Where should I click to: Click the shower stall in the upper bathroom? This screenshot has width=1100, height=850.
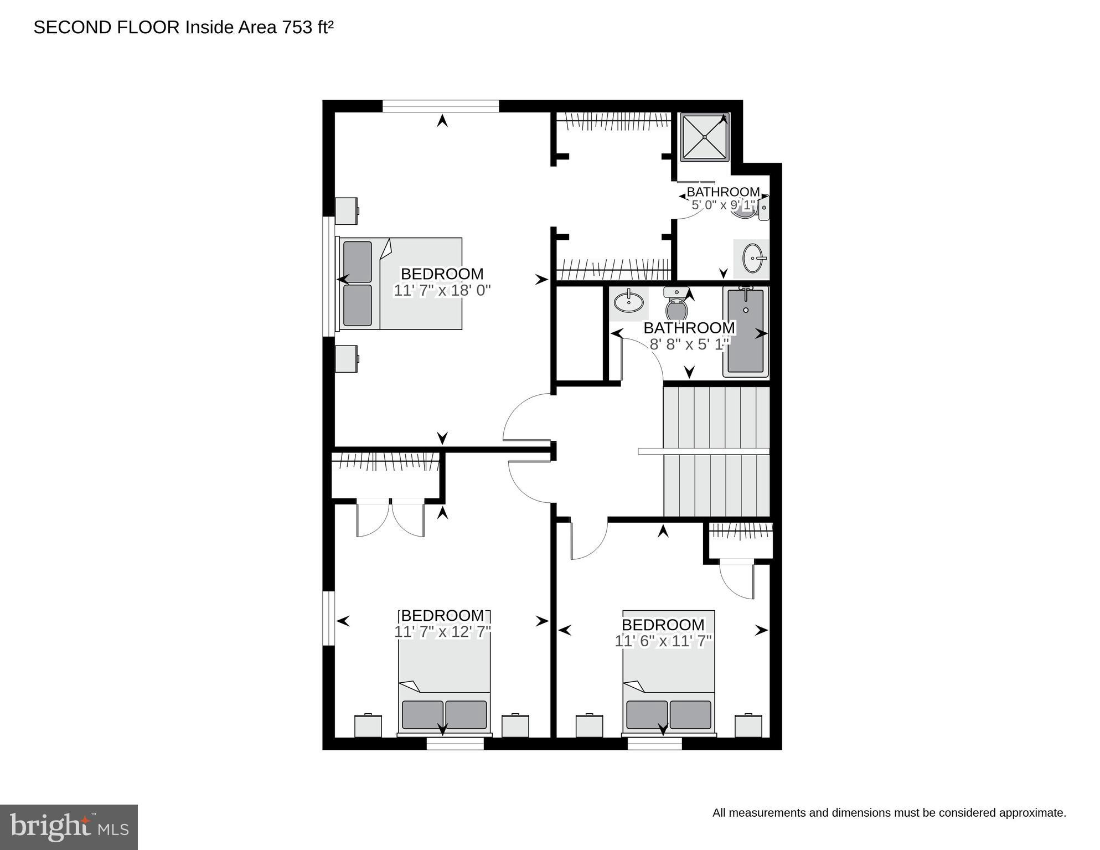point(704,137)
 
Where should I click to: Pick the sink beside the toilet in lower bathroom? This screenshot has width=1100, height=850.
point(629,302)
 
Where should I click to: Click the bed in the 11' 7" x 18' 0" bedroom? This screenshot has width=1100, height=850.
point(401,284)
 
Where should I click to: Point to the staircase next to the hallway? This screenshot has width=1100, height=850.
point(716,451)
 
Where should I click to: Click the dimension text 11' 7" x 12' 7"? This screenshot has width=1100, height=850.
point(442,632)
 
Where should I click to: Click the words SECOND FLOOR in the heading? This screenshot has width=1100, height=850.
point(106,27)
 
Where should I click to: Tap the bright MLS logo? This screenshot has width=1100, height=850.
point(69,827)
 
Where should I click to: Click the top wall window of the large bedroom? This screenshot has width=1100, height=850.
point(441,106)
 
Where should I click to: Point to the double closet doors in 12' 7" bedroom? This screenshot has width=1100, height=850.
point(391,518)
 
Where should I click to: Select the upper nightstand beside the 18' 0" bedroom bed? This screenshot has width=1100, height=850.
point(347,211)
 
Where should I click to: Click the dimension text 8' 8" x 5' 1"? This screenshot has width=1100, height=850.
point(689,344)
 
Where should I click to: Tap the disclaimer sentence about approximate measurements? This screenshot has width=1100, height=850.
point(889,813)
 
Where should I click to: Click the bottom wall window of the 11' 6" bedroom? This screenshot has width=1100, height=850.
point(654,743)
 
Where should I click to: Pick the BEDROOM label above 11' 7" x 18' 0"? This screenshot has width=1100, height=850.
point(442,274)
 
